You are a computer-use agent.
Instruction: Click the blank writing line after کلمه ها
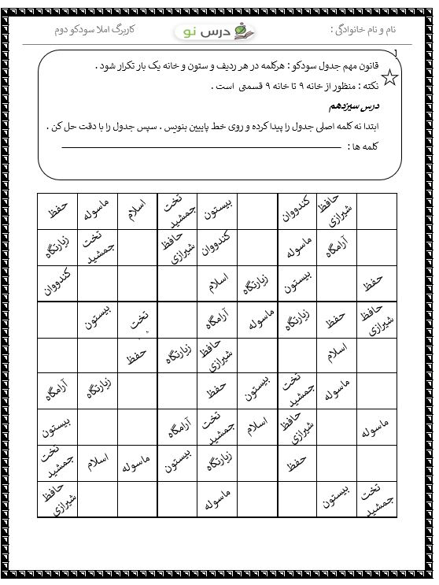point(236,148)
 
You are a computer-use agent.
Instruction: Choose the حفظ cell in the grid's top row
point(58,210)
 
